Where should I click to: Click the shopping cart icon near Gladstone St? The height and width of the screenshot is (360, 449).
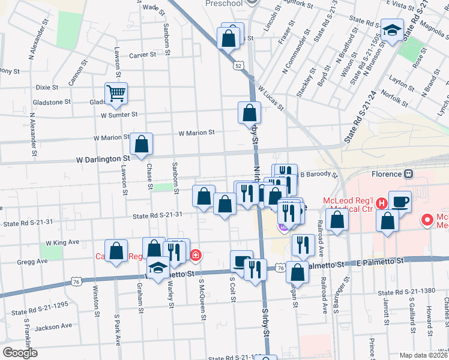point(116,93)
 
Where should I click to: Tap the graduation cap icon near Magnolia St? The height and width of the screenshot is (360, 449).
point(393,29)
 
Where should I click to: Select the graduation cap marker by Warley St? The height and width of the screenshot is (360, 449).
point(158,266)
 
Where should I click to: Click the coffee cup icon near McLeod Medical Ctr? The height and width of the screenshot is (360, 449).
point(400,201)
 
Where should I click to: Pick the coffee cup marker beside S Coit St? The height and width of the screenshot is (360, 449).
point(241,261)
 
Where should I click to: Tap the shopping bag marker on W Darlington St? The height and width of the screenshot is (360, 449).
point(141,144)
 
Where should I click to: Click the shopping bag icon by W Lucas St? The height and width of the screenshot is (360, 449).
point(249,112)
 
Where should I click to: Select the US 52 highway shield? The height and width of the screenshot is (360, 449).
point(239,64)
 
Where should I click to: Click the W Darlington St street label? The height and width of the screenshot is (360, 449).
point(103,160)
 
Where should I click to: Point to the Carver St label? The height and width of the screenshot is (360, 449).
point(142,54)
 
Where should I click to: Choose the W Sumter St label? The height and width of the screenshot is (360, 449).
point(119,114)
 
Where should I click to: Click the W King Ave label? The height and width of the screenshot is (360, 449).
point(62,242)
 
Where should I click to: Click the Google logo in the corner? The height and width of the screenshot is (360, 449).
point(19,353)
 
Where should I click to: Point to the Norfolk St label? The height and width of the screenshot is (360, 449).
point(398,92)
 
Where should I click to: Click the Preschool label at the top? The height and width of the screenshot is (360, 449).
point(224,4)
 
